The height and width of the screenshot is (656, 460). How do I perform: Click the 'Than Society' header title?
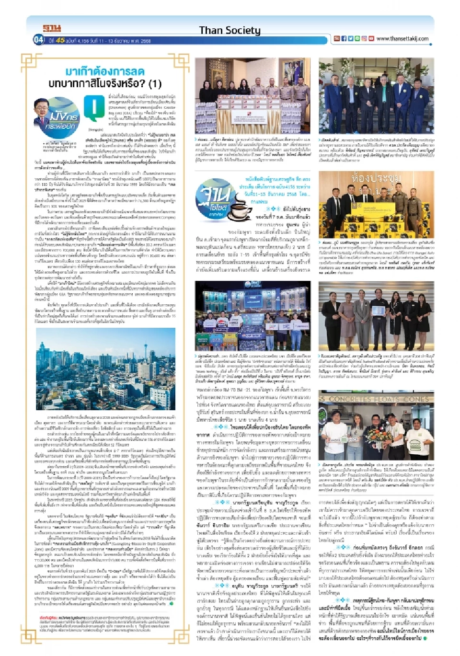tap(230, 30)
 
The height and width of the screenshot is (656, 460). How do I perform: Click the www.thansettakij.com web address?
tap(402, 39)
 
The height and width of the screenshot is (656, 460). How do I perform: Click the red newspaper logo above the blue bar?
tap(52, 28)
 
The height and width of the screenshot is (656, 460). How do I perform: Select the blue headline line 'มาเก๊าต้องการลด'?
tap(104, 72)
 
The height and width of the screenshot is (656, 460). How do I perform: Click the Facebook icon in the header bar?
tap(344, 39)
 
